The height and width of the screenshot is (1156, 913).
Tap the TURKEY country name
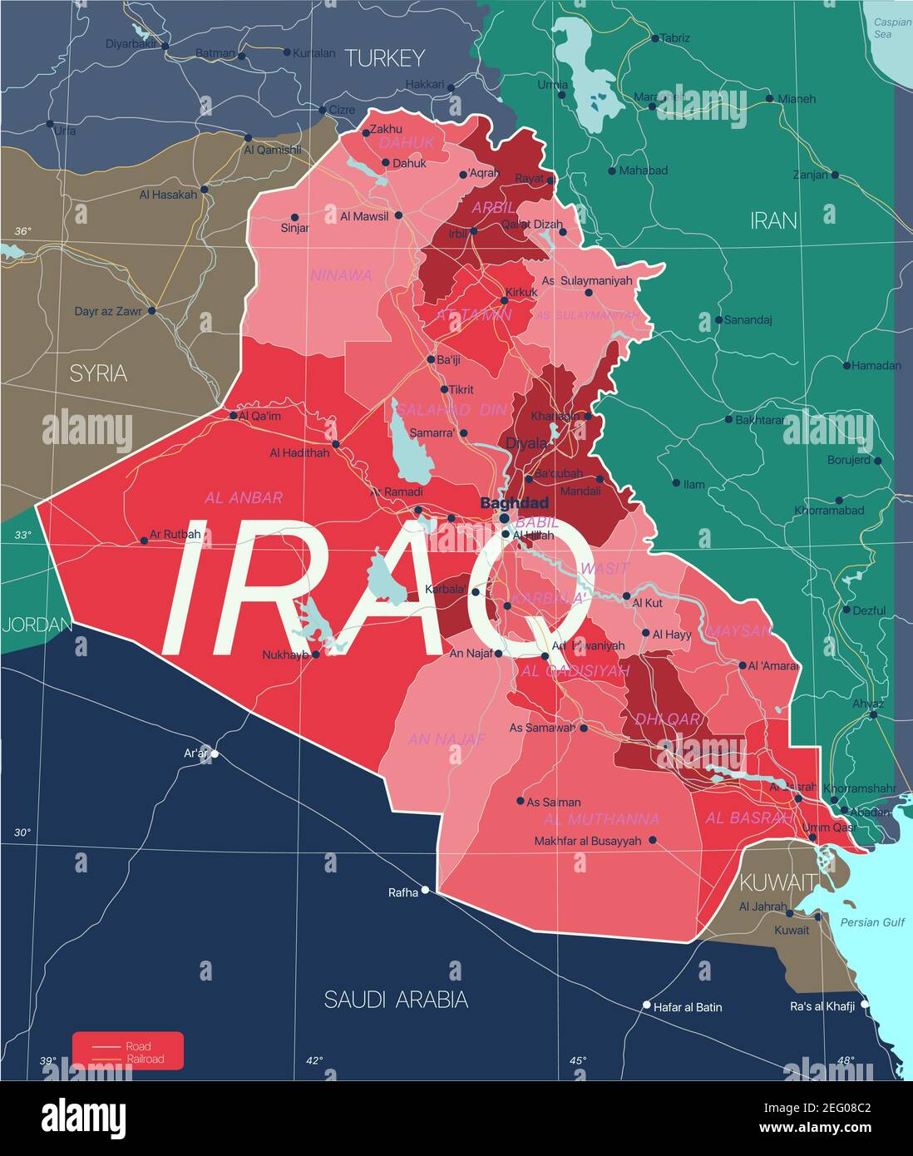384,57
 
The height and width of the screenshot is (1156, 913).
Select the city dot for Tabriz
654,38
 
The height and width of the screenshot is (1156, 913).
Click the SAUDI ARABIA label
396,999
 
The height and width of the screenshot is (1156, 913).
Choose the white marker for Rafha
425,890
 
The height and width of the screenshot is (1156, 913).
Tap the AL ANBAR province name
244,497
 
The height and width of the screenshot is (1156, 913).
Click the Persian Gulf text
871,922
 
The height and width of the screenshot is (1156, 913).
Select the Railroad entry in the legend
145,1060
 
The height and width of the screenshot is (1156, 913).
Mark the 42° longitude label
313,1060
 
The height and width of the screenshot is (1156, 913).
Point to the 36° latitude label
22,230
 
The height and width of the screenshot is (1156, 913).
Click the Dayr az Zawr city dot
151,311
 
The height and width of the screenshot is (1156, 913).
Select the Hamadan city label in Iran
877,365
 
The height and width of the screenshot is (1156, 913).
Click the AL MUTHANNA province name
601,818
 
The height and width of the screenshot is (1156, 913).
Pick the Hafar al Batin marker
647,1005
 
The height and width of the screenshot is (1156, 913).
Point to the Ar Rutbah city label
175,534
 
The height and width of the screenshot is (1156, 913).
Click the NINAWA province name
341,275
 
